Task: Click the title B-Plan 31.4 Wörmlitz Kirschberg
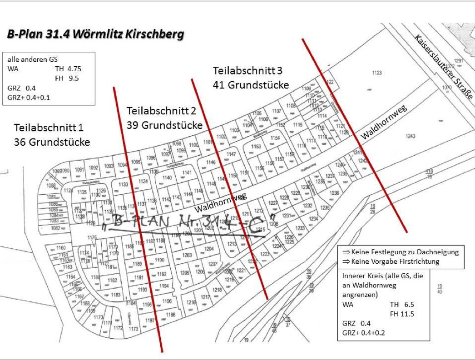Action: click(95, 35)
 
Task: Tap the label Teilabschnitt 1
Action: click(49, 128)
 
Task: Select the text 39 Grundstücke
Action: click(164, 125)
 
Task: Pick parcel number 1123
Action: click(376, 73)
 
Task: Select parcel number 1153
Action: click(256, 147)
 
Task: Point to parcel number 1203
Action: click(187, 255)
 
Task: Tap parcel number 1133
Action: click(123, 184)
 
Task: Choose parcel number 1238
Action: click(334, 193)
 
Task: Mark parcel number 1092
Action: click(93, 168)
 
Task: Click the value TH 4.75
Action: click(68, 69)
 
